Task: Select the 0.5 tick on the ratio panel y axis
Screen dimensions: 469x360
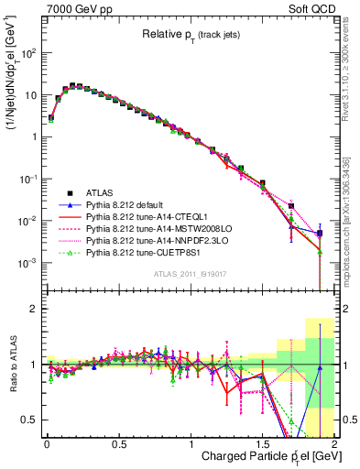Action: coord(28,420)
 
